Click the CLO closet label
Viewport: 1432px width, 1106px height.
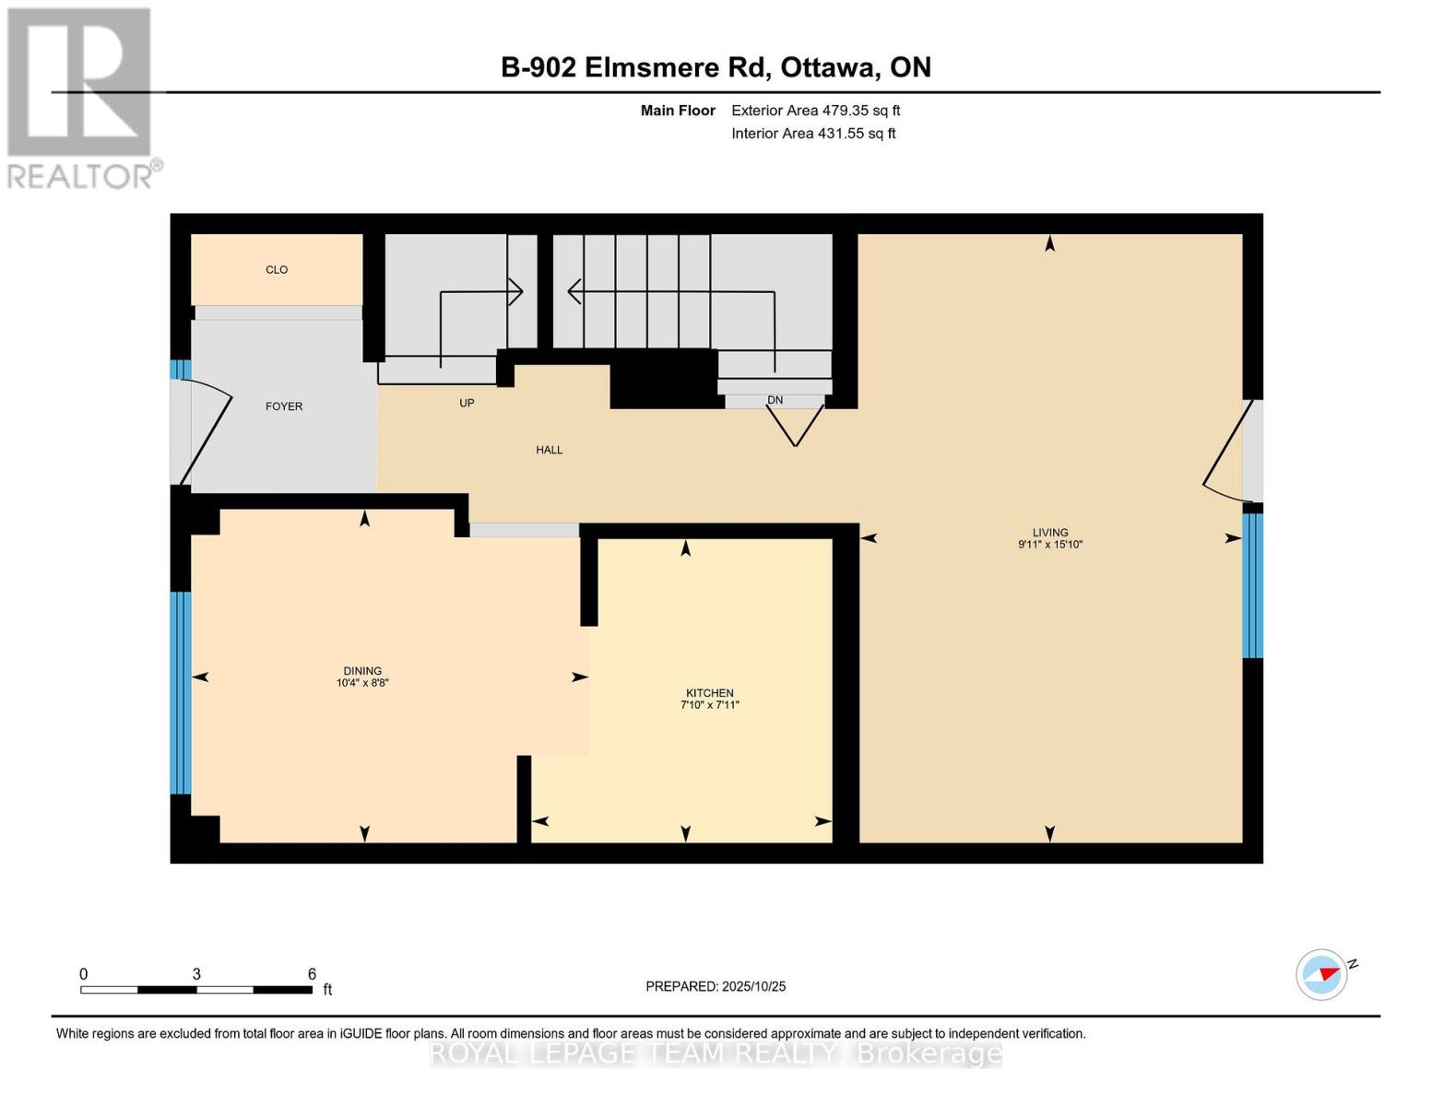277,270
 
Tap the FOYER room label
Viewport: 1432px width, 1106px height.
284,406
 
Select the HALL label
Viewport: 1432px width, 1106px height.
550,450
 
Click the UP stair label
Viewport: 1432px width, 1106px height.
467,404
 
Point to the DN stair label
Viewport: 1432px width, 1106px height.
775,400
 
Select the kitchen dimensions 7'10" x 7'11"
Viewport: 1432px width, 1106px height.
710,705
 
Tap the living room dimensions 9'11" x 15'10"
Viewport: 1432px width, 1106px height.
1049,545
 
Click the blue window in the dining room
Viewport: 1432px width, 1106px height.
181,692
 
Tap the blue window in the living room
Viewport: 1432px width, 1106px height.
1252,585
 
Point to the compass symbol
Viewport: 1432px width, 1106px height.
1322,974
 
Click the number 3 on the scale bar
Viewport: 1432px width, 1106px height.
196,974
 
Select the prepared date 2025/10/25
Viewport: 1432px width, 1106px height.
716,986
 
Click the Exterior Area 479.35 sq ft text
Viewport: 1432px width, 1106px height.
815,111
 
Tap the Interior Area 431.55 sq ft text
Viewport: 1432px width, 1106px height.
813,134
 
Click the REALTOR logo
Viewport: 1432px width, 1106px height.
81,97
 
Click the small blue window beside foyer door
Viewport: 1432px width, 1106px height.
180,370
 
